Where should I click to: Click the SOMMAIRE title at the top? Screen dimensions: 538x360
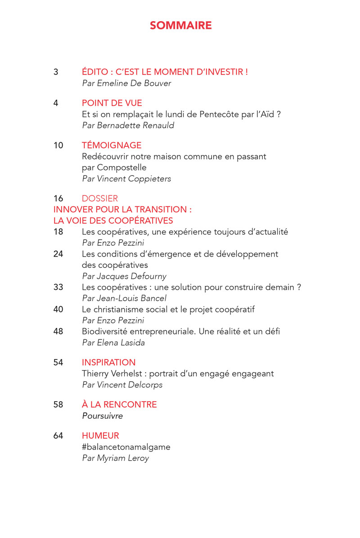[180, 26]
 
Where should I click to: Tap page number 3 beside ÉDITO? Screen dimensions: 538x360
[56, 72]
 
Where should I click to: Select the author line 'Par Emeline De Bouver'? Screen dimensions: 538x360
[126, 83]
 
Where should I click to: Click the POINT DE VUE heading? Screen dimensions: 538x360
[112, 103]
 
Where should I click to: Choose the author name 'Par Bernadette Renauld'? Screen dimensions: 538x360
[128, 126]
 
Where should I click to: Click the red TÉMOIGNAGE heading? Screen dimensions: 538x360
[112, 145]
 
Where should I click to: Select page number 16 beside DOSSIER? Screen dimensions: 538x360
[58, 199]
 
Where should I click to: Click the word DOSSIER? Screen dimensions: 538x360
[100, 199]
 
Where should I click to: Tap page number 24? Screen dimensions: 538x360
[58, 254]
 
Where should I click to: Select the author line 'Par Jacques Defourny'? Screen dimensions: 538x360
[124, 276]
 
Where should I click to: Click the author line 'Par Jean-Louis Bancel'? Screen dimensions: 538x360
[124, 298]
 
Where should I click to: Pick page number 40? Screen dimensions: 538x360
[58, 309]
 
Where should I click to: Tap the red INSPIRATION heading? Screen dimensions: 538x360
[108, 362]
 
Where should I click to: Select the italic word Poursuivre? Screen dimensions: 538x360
[102, 416]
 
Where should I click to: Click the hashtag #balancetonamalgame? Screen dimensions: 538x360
[126, 447]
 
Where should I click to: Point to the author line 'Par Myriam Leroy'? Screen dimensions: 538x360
[115, 458]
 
